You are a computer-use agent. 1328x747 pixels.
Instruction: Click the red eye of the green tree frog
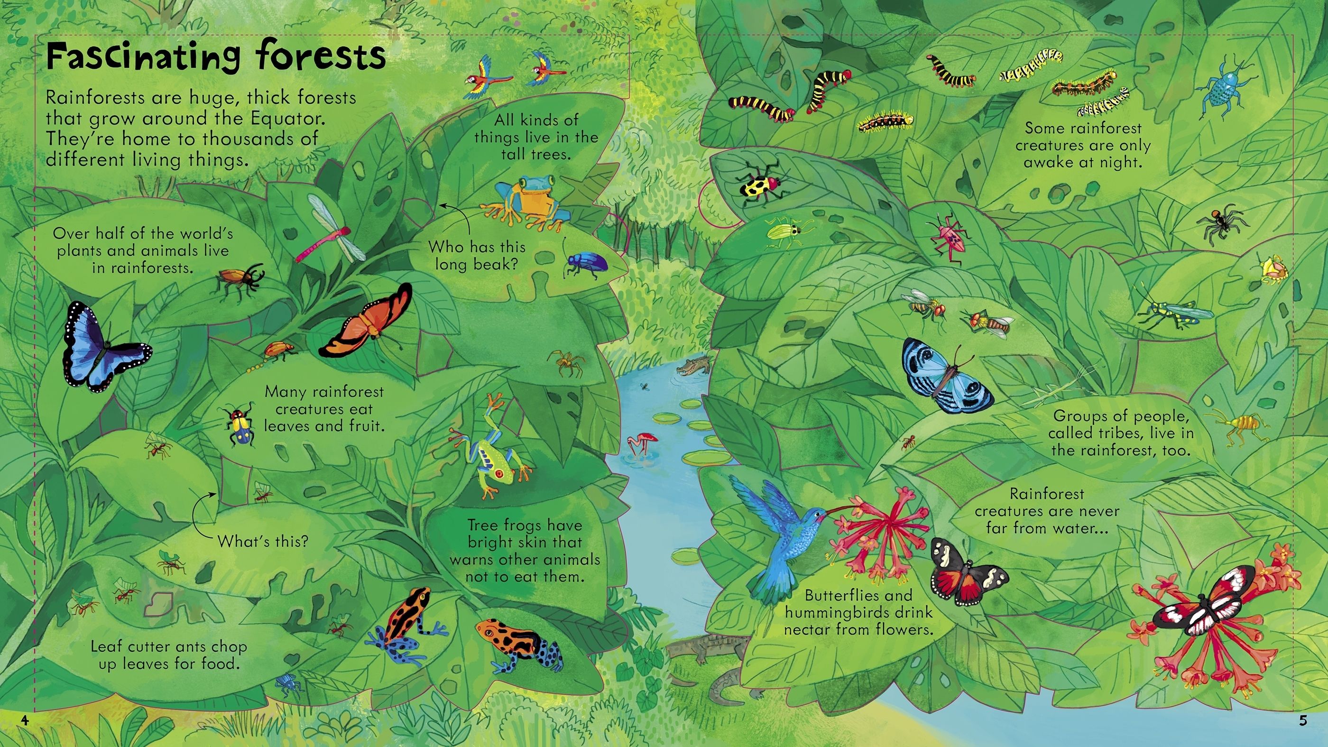(498, 472)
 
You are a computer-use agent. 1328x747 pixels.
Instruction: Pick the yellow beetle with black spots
(760, 185)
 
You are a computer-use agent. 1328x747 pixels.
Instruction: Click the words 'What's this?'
(263, 541)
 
